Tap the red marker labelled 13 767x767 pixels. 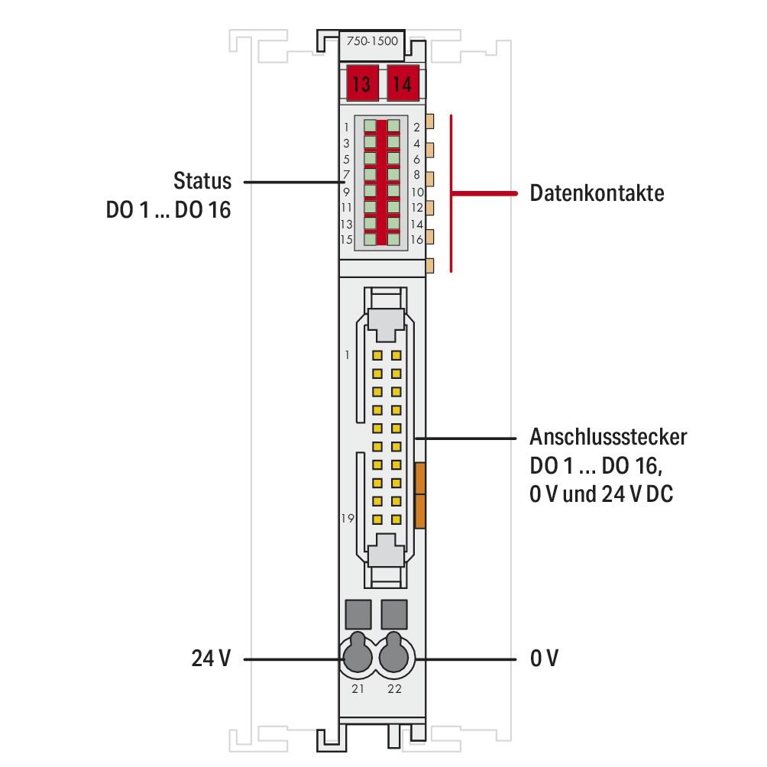[361, 84]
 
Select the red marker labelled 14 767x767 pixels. [402, 84]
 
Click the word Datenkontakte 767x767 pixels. [597, 193]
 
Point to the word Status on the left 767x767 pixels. [202, 182]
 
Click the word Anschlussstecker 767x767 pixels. [608, 438]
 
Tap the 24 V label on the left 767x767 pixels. [210, 658]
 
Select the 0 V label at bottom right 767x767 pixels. [544, 658]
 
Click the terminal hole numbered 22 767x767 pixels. [395, 654]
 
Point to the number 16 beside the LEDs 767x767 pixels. [417, 240]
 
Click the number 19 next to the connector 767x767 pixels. [348, 519]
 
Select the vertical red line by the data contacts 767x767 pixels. [451, 193]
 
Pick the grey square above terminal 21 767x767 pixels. [358, 613]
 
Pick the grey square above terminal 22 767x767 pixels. [394, 613]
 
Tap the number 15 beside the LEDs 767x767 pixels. [346, 240]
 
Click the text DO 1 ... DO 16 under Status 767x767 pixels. [168, 211]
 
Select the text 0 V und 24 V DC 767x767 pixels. [601, 494]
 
